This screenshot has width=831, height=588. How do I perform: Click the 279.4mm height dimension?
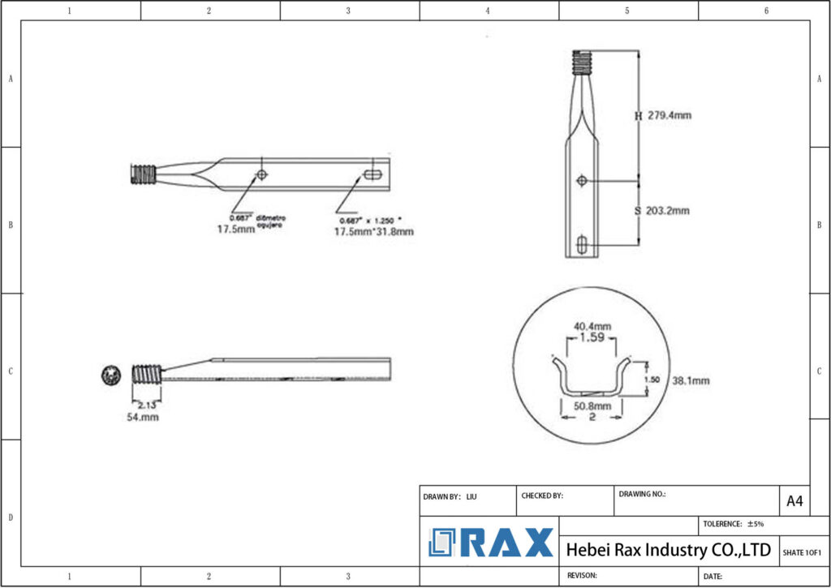tap(669, 115)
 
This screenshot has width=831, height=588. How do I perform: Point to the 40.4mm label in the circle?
tap(592, 326)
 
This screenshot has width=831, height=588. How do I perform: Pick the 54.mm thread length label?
tap(142, 417)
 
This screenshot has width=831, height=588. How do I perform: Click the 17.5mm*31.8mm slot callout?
tap(374, 232)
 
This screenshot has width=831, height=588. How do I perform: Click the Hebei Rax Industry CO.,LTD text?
tap(668, 550)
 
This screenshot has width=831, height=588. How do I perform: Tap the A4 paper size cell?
tap(794, 501)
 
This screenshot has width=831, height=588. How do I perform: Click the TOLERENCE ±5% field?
tap(734, 524)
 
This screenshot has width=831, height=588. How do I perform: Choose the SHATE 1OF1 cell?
tap(802, 552)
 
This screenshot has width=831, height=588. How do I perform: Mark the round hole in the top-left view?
tap(262, 174)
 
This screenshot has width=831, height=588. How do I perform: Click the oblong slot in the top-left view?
tap(374, 174)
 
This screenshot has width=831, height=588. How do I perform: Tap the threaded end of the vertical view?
tap(580, 62)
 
